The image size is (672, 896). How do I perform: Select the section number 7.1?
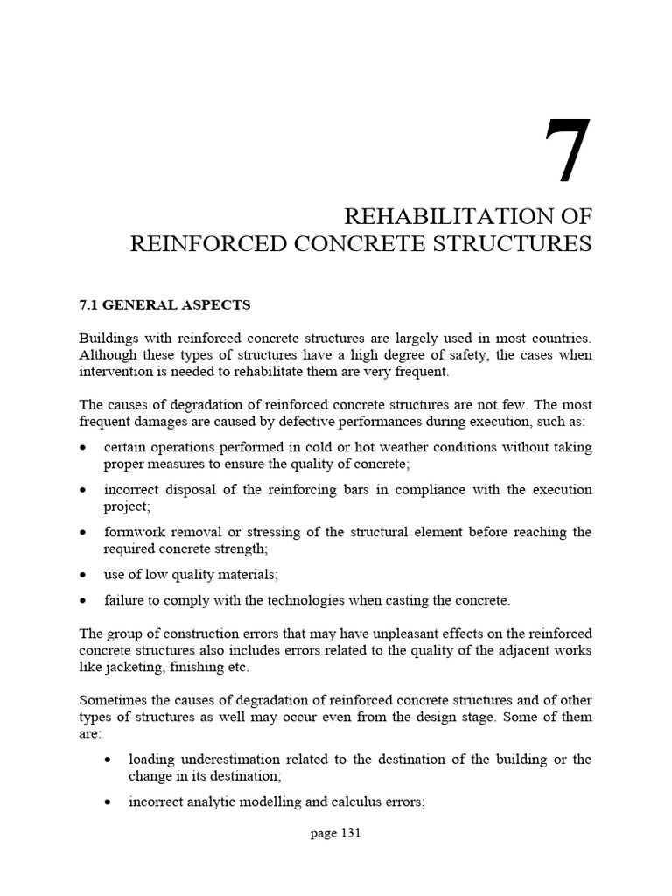coord(89,304)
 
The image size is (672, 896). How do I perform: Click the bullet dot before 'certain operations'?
coord(83,448)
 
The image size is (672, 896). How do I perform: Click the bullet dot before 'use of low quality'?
coord(83,576)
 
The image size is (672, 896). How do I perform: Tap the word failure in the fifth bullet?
coord(122,600)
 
